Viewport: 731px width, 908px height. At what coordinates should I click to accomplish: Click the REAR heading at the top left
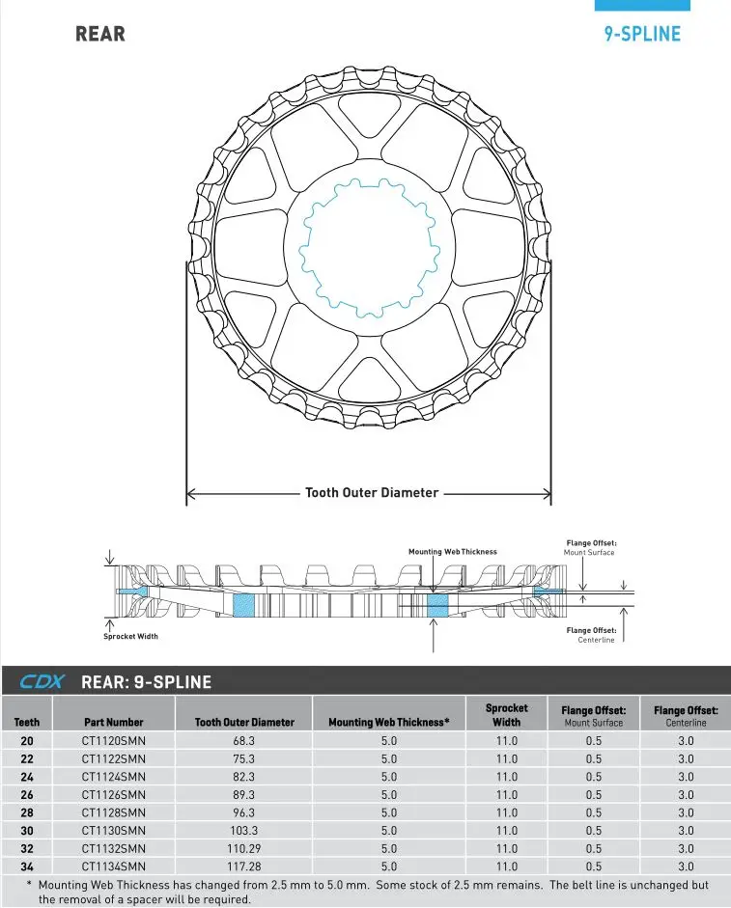(100, 34)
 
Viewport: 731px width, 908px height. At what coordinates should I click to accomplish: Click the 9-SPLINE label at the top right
(642, 34)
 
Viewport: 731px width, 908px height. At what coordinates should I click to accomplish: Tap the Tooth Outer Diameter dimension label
(372, 493)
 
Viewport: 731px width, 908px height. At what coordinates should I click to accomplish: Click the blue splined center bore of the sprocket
(369, 249)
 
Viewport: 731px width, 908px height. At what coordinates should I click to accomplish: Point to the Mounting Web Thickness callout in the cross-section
(453, 552)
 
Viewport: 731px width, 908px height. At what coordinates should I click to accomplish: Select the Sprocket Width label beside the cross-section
(130, 637)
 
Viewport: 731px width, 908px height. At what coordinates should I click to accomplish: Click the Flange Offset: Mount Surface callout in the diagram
(591, 548)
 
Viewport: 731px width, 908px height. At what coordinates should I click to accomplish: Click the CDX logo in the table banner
(42, 682)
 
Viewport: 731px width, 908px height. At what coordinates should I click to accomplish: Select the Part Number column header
(113, 722)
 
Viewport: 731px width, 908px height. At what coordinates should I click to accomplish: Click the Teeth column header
(27, 722)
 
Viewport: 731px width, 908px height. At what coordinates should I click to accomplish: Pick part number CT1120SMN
(113, 741)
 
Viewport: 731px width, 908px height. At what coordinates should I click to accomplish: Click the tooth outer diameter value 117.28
(244, 867)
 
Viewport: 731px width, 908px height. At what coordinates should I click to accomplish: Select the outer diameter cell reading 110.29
(244, 849)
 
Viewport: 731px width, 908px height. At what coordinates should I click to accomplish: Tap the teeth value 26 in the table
(27, 795)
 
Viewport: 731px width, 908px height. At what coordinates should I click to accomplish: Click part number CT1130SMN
(113, 831)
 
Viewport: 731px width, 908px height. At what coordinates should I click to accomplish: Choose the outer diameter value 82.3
(244, 777)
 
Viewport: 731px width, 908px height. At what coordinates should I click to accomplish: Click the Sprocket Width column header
(506, 715)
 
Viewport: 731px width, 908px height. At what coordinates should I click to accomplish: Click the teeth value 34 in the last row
(27, 867)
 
